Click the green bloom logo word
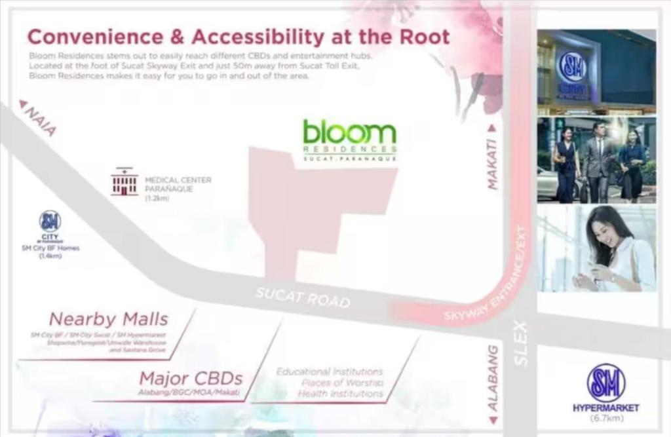pyautogui.click(x=349, y=132)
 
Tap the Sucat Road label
pyautogui.click(x=302, y=297)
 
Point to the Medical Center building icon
pyautogui.click(x=125, y=181)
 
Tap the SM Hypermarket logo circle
pyautogui.click(x=605, y=383)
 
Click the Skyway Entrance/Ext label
pyautogui.click(x=489, y=282)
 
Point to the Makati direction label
pyautogui.click(x=493, y=164)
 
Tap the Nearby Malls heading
pyautogui.click(x=109, y=320)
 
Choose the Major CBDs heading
pyautogui.click(x=191, y=378)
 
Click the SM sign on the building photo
pyautogui.click(x=573, y=67)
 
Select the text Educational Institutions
pyautogui.click(x=330, y=371)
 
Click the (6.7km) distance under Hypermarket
pyautogui.click(x=606, y=418)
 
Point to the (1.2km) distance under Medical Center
pyautogui.click(x=157, y=198)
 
